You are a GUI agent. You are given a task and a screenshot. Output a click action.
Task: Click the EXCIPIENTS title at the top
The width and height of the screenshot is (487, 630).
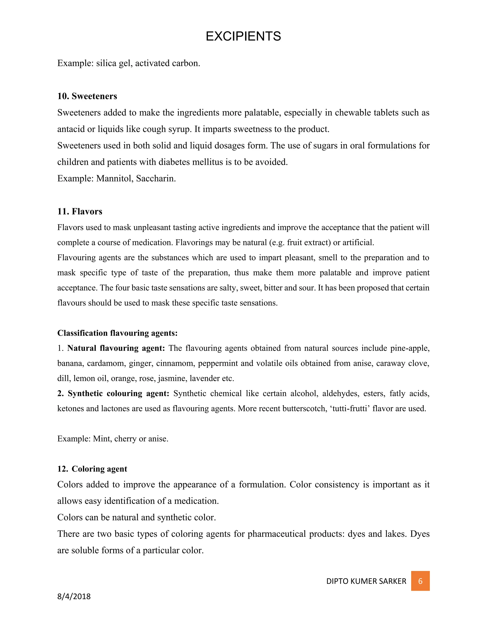click(243, 36)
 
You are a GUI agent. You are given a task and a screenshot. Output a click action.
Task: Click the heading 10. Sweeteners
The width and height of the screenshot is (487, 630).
click(87, 96)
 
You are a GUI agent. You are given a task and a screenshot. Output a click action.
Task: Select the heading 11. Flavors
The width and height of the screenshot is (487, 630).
click(80, 211)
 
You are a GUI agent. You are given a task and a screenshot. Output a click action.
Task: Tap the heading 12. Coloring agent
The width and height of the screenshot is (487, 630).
click(92, 469)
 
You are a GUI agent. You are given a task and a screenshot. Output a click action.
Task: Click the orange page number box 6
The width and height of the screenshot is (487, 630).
click(420, 581)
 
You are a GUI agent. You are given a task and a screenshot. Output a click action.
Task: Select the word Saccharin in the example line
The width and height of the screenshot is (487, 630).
click(156, 179)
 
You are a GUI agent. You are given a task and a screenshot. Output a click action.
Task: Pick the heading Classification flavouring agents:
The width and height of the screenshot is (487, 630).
click(117, 333)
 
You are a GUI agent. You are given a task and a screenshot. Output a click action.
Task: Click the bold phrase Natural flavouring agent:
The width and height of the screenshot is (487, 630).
click(116, 348)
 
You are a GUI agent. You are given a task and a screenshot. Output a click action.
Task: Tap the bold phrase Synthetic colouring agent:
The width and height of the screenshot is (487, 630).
click(118, 393)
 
